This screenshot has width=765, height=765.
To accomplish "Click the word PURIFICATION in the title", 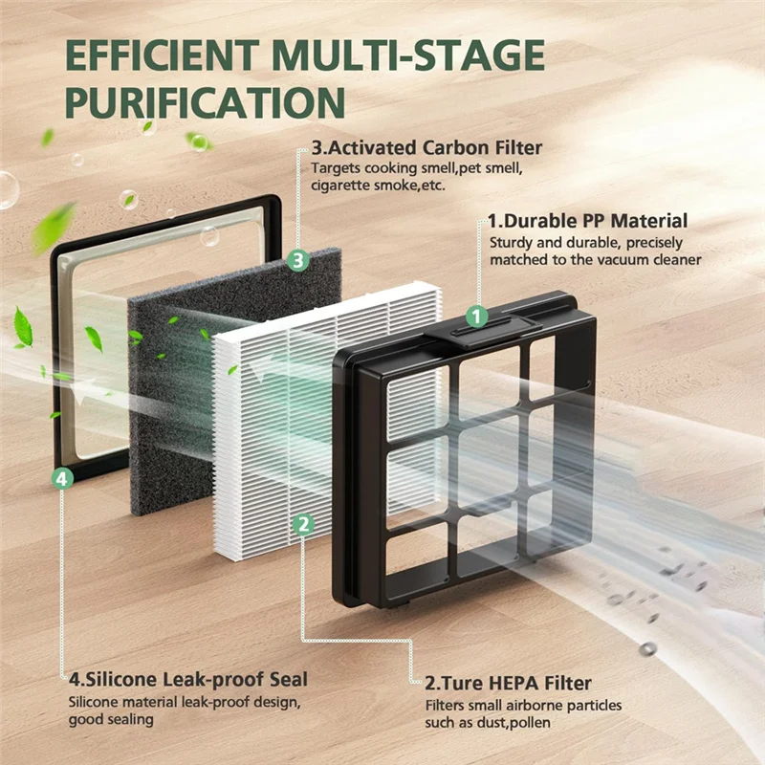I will pyautogui.click(x=205, y=102).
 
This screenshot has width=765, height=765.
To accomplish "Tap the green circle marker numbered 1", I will pyautogui.click(x=476, y=315).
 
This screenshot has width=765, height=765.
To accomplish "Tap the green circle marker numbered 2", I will pyautogui.click(x=302, y=523).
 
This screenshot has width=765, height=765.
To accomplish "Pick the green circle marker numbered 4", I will pyautogui.click(x=61, y=479).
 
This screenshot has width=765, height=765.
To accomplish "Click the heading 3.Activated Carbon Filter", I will pyautogui.click(x=426, y=148).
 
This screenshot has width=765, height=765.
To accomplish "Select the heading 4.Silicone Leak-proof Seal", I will pyautogui.click(x=188, y=680).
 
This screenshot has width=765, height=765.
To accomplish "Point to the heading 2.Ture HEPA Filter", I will pyautogui.click(x=508, y=683).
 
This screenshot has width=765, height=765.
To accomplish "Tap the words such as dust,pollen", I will pyautogui.click(x=489, y=723).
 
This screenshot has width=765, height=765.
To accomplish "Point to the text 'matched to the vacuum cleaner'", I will pyautogui.click(x=596, y=260).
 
